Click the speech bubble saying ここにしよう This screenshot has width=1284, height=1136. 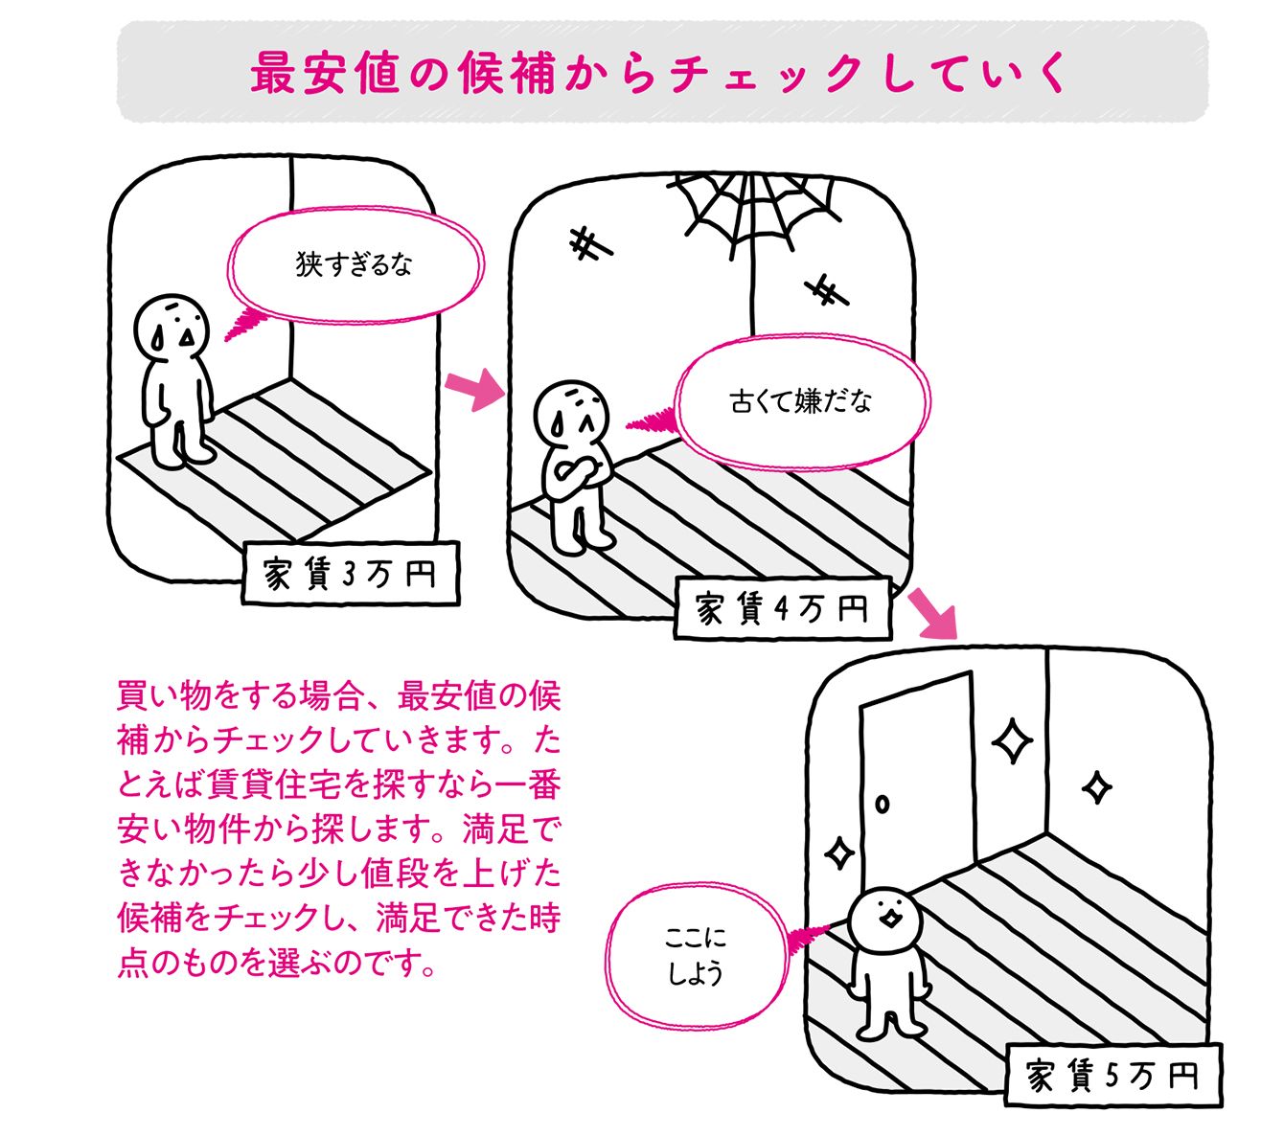[696, 956]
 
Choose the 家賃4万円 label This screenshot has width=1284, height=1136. [782, 609]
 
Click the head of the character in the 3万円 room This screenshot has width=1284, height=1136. [172, 326]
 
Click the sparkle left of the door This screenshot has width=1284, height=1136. [839, 852]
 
